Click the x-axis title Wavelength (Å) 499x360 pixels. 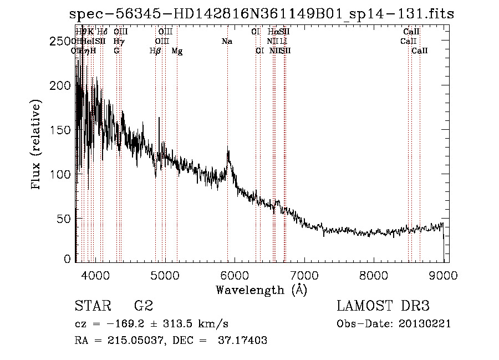pos(261,290)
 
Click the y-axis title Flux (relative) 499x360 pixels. pos(37,145)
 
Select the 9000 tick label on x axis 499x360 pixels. pos(443,274)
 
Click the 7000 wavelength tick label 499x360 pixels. pos(303,274)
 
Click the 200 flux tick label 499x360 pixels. pos(61,86)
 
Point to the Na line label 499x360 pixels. pos(227,42)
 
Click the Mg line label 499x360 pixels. pos(177,51)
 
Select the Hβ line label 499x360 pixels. pos(155,51)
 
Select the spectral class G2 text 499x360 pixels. pos(143,306)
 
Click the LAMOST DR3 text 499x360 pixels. pos(383,306)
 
